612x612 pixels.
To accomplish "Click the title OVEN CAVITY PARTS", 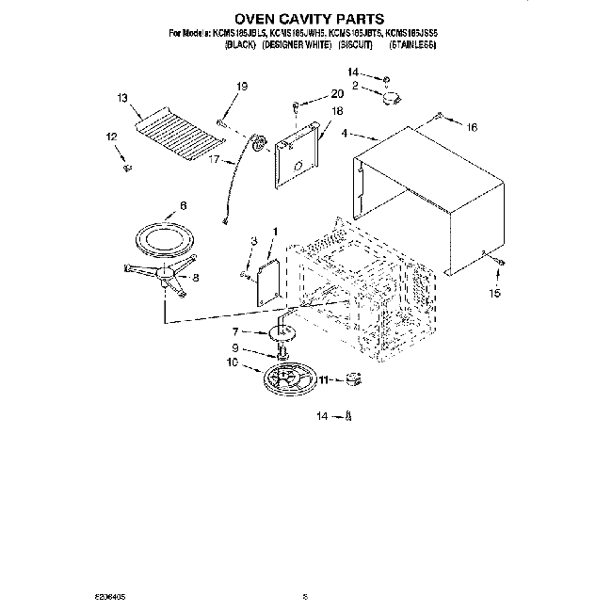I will (x=306, y=18).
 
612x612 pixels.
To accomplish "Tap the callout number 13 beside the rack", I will (x=122, y=97).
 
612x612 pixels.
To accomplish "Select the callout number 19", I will (x=241, y=87).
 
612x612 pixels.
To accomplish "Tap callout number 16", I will (x=473, y=126).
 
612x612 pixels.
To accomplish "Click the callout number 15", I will (x=495, y=293).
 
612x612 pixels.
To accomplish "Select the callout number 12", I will (x=112, y=137).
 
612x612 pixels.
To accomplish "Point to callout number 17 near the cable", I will (x=214, y=160).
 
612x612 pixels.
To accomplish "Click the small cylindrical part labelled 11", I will (x=354, y=379).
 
